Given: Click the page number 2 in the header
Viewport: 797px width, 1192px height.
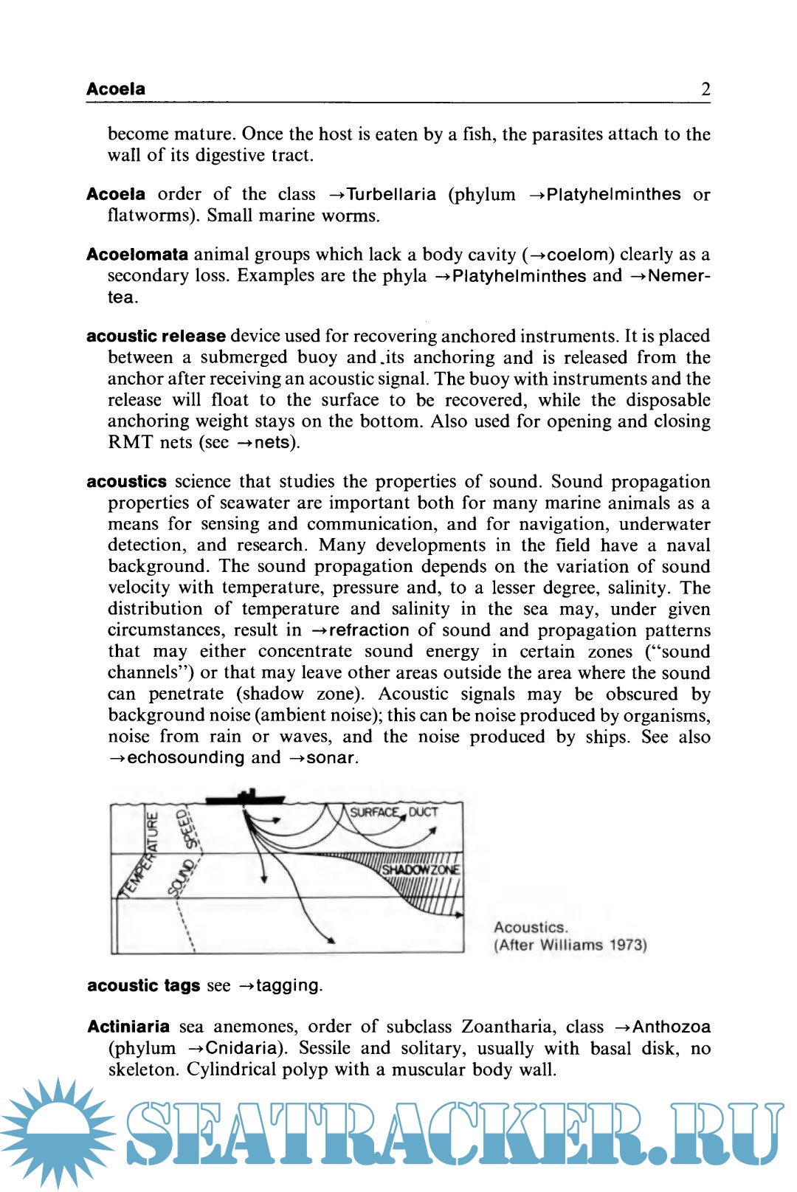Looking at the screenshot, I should click(705, 89).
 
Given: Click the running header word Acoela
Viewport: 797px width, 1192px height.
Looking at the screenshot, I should click(116, 89).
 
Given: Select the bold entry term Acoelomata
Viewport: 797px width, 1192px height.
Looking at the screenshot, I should click(137, 255).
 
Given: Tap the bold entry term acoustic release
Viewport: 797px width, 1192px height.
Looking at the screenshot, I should click(156, 337).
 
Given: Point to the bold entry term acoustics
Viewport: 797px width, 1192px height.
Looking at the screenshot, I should click(127, 482).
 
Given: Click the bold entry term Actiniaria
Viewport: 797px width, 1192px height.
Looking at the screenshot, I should click(128, 1027).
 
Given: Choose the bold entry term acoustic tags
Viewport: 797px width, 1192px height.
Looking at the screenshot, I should click(143, 986).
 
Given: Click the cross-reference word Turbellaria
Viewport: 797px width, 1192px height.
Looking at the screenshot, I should click(391, 195).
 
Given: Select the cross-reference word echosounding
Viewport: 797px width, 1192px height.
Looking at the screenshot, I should click(185, 758).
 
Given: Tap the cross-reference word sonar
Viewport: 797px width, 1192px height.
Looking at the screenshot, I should click(331, 758).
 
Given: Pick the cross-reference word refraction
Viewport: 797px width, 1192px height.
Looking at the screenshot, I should click(368, 630).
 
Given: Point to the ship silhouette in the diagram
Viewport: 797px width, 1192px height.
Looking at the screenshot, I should click(245, 798).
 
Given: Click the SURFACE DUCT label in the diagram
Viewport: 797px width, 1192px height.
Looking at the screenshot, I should click(393, 813).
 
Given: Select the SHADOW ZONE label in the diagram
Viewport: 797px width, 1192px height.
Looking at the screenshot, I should click(421, 869).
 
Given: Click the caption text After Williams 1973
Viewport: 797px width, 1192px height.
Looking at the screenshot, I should click(570, 945).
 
